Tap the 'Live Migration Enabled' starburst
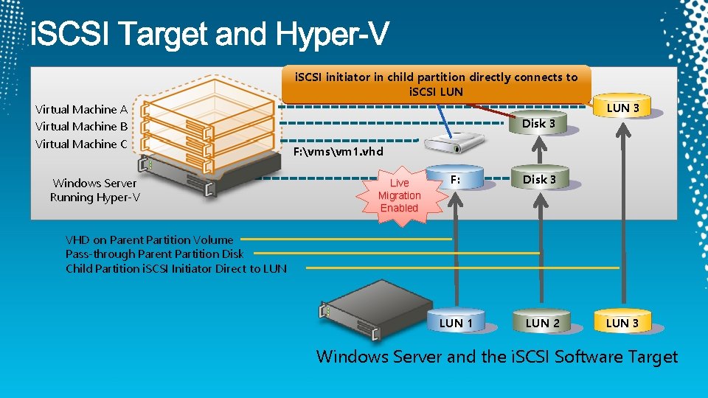point(399,195)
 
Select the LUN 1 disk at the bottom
point(456,322)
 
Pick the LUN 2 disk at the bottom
point(542,322)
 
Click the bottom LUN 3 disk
point(622,322)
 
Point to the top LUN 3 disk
point(622,108)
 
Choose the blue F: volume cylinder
point(456,181)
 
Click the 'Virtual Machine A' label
point(81,109)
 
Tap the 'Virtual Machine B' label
point(81,126)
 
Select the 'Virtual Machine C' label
point(81,144)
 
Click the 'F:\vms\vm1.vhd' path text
point(339,151)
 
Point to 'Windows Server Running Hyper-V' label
point(94,190)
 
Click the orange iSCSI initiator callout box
point(436,84)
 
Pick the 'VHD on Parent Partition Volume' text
point(149,240)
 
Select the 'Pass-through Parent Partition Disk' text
point(154,254)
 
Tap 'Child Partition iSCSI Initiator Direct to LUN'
point(176,268)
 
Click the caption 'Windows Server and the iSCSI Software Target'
point(496,357)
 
